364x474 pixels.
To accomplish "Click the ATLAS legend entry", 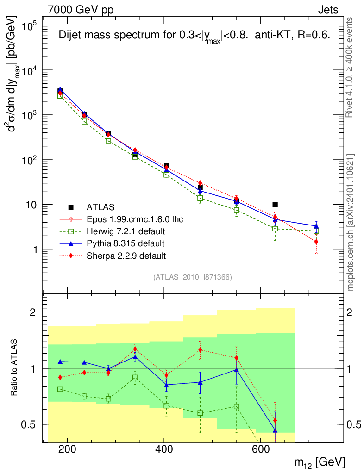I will (x=100, y=206).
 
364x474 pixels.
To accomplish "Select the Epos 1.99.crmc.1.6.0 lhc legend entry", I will (x=135, y=219).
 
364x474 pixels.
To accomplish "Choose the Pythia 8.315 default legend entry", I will (x=125, y=243).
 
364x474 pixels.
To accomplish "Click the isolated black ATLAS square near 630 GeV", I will (x=275, y=204).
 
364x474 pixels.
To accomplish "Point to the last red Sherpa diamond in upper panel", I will (x=316, y=242).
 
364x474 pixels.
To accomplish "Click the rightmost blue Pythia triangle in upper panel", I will (x=316, y=227).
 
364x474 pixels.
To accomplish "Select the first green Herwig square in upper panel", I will (x=60, y=96).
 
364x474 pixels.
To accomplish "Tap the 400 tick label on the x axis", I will (x=163, y=449).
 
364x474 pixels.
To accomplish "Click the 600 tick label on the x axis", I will (x=260, y=449).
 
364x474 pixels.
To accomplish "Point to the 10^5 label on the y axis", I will (x=31, y=25).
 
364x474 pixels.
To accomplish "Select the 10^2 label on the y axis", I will (x=31, y=160).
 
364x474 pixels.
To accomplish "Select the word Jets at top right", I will (x=327, y=10).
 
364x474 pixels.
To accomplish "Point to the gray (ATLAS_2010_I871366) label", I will (x=192, y=277).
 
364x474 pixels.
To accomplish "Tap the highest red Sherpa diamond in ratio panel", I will (x=135, y=349).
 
